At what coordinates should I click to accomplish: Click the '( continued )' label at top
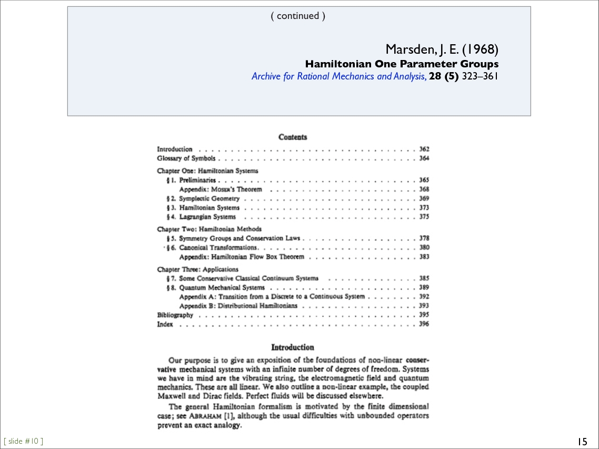(x=298, y=16)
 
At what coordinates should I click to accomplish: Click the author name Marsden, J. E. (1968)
(x=442, y=49)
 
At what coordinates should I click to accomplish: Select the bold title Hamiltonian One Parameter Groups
(x=402, y=64)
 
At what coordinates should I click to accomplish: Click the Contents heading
(x=293, y=137)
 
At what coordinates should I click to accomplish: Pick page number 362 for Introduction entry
(x=424, y=149)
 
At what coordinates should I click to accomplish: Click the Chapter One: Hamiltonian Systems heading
(x=207, y=171)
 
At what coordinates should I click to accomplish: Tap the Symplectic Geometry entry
(x=209, y=198)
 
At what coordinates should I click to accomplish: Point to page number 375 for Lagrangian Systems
(x=424, y=216)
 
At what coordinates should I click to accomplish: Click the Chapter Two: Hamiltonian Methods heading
(x=209, y=229)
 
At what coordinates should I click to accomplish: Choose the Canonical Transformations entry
(x=218, y=247)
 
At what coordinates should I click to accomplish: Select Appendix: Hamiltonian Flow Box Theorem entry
(x=242, y=257)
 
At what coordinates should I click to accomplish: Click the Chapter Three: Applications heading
(x=197, y=269)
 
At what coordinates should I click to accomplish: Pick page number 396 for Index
(x=424, y=324)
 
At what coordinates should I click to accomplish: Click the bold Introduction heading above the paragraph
(x=293, y=347)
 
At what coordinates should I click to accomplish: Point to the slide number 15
(x=582, y=441)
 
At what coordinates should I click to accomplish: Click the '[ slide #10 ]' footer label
(x=23, y=441)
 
